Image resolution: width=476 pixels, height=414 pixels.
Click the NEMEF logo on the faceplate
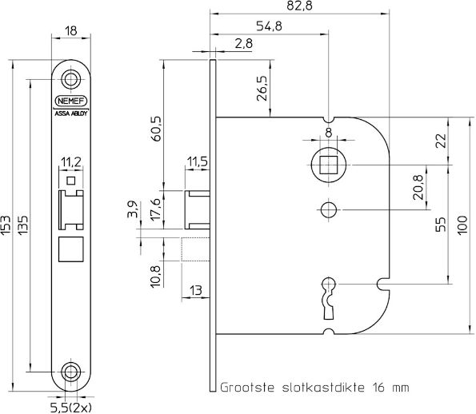tap(70, 102)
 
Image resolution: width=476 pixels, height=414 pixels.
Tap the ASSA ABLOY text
tap(70, 113)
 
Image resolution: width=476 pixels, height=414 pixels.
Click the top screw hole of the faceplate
tap(71, 79)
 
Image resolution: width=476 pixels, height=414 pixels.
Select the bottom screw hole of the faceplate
tap(71, 372)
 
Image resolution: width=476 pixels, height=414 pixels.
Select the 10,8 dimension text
tap(156, 274)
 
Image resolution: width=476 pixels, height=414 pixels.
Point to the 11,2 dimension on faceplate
tap(71, 163)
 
